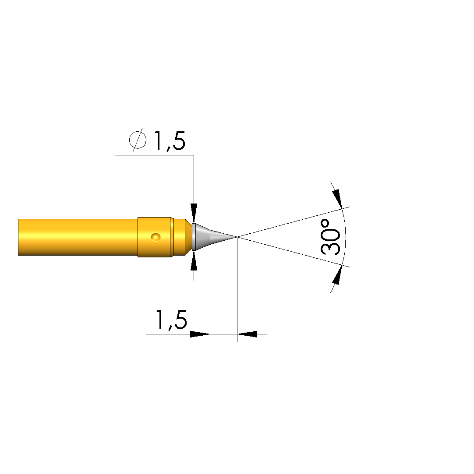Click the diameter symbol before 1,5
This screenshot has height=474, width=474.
point(138,140)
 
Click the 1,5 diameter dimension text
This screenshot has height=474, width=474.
point(170,141)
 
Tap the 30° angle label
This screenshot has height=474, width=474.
point(330,237)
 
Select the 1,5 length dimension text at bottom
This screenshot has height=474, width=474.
point(171,320)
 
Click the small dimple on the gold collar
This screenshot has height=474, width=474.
point(156,237)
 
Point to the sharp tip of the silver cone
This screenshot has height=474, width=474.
point(237,237)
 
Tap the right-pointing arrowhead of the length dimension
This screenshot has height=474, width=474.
point(200,334)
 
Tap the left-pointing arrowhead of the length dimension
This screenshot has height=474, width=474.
point(247,334)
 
